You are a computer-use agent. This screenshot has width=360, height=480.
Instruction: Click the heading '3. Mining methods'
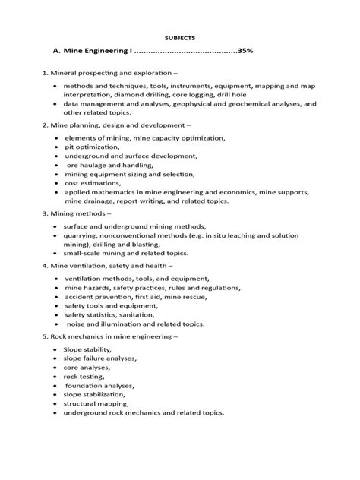pyautogui.click(x=80, y=214)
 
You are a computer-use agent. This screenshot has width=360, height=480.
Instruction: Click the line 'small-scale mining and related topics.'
pyautogui.click(x=125, y=254)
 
